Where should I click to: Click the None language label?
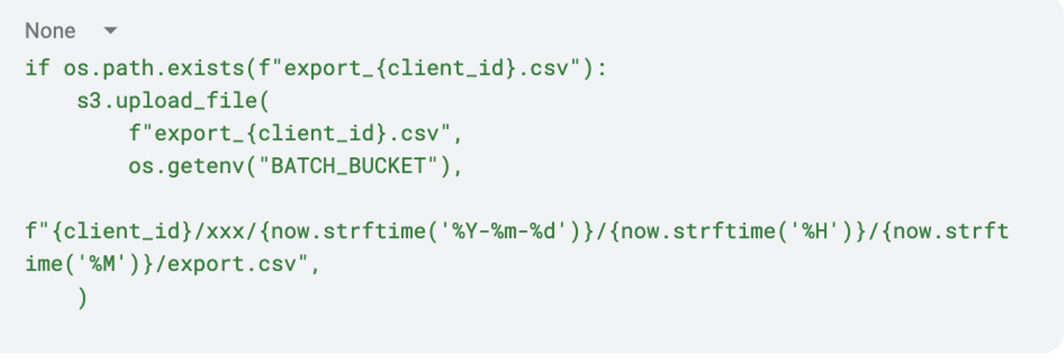50,31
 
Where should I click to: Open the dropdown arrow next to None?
110,31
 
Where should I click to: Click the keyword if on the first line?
38,69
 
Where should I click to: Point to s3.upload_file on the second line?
166,102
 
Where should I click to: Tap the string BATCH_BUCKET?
348,167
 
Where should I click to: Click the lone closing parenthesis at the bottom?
81,298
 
